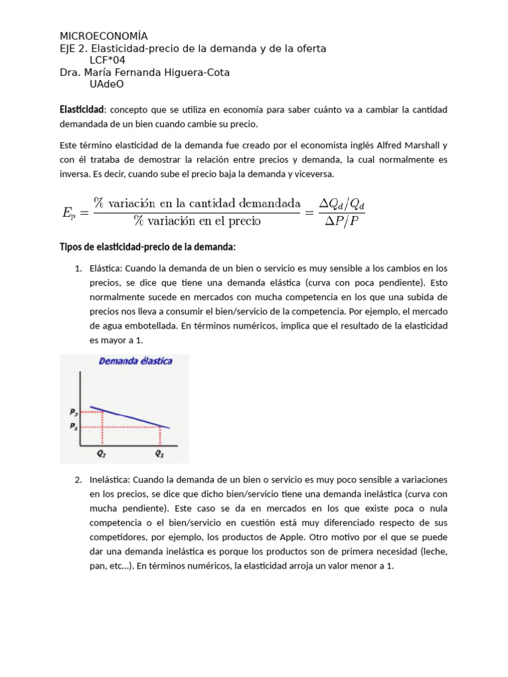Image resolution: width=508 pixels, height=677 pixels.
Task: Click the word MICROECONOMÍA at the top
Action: pyautogui.click(x=104, y=36)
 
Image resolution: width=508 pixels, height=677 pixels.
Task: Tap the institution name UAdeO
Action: pyautogui.click(x=106, y=85)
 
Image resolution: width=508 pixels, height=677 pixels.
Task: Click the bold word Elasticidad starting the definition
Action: pyautogui.click(x=81, y=109)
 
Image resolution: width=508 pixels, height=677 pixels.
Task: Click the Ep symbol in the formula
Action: pyautogui.click(x=69, y=212)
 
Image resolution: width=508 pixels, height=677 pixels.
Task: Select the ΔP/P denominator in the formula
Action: pyautogui.click(x=341, y=221)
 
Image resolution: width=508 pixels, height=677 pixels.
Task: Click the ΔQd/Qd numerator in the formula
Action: pyautogui.click(x=341, y=203)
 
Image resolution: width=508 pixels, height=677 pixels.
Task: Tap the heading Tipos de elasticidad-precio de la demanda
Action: pyautogui.click(x=148, y=247)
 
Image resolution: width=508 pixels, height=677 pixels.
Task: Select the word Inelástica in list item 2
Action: pyautogui.click(x=109, y=479)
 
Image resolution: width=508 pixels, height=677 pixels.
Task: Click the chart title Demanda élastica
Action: pyautogui.click(x=136, y=361)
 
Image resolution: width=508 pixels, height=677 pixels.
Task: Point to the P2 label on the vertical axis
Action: pyautogui.click(x=73, y=411)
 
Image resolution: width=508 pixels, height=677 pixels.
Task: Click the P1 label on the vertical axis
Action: pyautogui.click(x=73, y=426)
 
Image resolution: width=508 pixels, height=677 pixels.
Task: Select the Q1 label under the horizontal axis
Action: pyautogui.click(x=160, y=454)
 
